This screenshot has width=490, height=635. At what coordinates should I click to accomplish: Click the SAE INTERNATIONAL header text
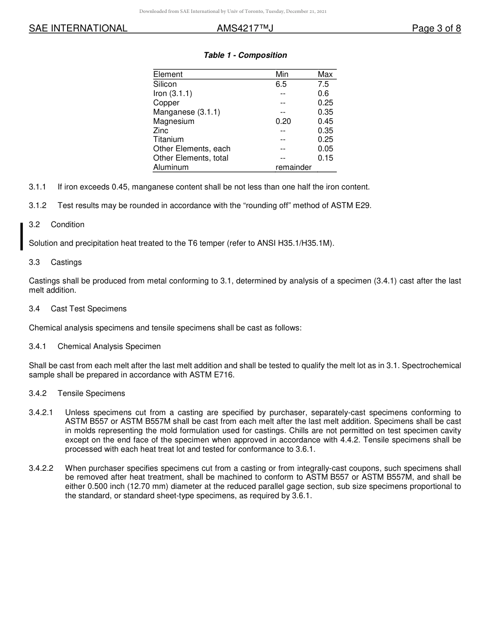[78, 29]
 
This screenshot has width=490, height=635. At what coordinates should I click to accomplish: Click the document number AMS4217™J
[244, 29]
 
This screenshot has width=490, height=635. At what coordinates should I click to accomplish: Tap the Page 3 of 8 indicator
[436, 29]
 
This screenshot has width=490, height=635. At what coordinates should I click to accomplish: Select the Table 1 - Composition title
[245, 55]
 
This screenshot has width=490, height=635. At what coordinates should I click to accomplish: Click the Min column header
[282, 74]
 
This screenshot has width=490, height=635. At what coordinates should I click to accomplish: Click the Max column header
[325, 74]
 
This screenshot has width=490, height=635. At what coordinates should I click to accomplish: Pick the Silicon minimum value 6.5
[281, 84]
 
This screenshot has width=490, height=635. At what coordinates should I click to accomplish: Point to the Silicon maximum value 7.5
[323, 84]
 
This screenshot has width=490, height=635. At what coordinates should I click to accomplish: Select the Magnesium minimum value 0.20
[283, 121]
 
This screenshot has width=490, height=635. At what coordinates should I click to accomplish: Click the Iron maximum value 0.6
[323, 93]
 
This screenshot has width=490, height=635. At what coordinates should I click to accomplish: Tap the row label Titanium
[168, 139]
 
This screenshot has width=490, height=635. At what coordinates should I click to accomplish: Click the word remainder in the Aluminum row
[293, 167]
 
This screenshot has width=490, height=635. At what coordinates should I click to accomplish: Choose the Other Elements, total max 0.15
[325, 158]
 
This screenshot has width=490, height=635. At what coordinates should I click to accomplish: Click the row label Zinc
[160, 131]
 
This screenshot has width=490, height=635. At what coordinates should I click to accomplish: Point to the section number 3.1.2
[38, 205]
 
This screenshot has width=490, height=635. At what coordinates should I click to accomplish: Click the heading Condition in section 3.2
[68, 225]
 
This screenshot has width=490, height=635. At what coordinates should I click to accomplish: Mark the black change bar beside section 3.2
[22, 236]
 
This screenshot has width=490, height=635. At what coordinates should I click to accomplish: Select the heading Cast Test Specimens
[88, 309]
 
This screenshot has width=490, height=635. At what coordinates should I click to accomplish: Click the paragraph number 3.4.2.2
[41, 468]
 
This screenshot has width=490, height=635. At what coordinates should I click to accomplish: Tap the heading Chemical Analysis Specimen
[109, 346]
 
